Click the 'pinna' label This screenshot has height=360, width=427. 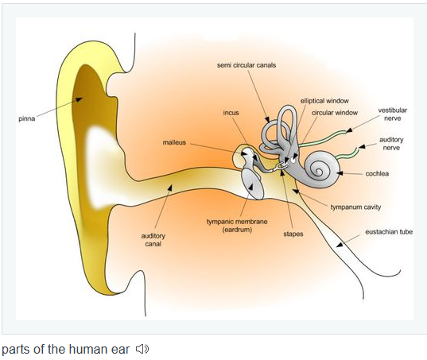point(27,119)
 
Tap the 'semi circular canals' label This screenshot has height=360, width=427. point(246,65)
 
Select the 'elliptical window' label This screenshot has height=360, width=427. point(324,101)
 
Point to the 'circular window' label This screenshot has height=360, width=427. point(335,113)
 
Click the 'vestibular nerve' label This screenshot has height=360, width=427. point(393,114)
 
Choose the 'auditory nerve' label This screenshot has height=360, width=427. point(391,144)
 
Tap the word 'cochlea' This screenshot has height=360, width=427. point(377,173)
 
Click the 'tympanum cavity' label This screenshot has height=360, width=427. point(355,207)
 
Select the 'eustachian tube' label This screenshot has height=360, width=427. point(389,232)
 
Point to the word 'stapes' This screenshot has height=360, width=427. point(293,234)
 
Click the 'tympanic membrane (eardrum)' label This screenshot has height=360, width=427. point(237,226)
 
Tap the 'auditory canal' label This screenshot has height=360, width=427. point(153,240)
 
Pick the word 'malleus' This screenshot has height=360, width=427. point(174,142)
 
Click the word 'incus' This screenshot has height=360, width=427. point(231,113)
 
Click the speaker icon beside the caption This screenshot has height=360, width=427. point(142,349)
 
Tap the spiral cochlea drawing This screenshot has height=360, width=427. point(322,169)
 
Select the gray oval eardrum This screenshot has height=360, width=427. point(253,184)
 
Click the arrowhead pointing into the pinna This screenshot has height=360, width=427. point(79,99)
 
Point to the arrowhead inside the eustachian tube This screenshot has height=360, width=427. point(340,244)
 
